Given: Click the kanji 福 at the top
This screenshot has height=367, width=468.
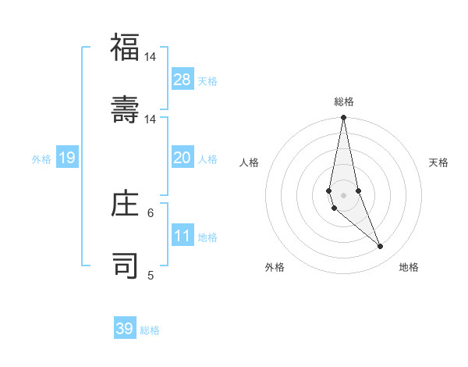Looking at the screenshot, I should pyautogui.click(x=125, y=48).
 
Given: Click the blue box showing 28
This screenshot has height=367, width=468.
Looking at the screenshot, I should pyautogui.click(x=183, y=79).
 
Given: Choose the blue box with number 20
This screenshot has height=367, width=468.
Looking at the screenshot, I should pyautogui.click(x=183, y=158).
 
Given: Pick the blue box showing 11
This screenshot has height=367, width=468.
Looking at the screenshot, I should pyautogui.click(x=183, y=236).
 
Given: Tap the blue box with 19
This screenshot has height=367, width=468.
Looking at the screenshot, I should pyautogui.click(x=67, y=158).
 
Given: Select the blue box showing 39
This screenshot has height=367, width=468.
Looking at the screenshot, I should pyautogui.click(x=125, y=328).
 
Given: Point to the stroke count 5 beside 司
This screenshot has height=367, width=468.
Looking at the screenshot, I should pyautogui.click(x=151, y=275).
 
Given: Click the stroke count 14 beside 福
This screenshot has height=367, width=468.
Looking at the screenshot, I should pyautogui.click(x=150, y=57).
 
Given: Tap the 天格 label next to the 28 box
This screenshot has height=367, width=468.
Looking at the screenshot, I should pyautogui.click(x=207, y=80).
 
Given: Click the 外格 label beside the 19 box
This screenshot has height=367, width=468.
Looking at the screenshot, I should pyautogui.click(x=41, y=159).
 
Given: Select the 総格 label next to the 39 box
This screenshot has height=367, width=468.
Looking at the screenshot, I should pyautogui.click(x=150, y=330).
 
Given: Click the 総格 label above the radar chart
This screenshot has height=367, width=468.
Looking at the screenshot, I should pyautogui.click(x=344, y=102).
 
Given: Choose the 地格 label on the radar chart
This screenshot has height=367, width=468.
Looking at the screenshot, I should pyautogui.click(x=409, y=267).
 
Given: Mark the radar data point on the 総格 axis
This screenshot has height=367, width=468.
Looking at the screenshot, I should pyautogui.click(x=343, y=118).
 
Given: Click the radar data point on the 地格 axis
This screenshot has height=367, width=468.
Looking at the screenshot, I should pyautogui.click(x=381, y=247).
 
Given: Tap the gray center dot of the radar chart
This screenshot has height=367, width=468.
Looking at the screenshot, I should pyautogui.click(x=343, y=194).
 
